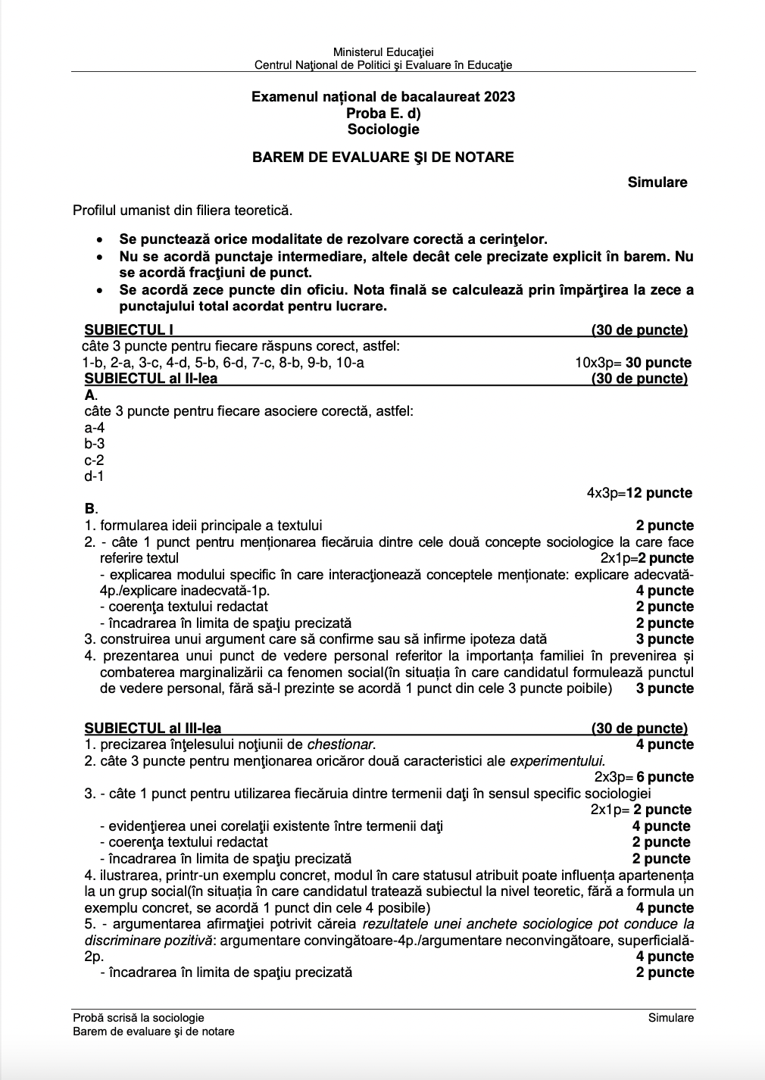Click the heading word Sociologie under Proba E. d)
(x=382, y=130)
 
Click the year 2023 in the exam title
(x=498, y=97)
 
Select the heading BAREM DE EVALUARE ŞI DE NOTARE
(x=382, y=158)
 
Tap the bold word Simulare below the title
(x=657, y=183)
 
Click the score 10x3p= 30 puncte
(x=633, y=363)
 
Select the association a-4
(x=94, y=428)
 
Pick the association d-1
(x=94, y=476)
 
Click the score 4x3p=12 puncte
(x=639, y=493)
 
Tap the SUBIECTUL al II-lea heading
(x=151, y=379)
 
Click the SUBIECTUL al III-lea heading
(x=153, y=729)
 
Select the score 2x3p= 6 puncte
(x=644, y=777)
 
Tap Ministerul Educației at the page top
(x=383, y=52)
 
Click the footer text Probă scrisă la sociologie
(x=139, y=1018)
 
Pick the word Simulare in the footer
(x=670, y=1018)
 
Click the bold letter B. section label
(x=91, y=509)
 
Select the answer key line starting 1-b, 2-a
(x=223, y=363)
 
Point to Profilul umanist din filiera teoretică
(x=183, y=211)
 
